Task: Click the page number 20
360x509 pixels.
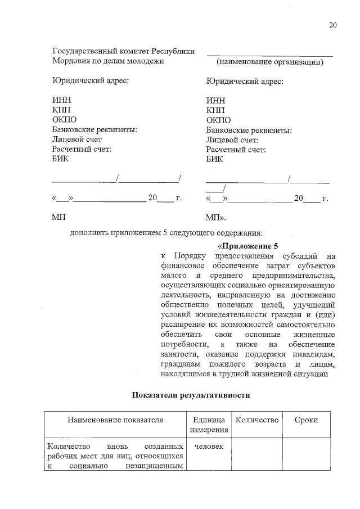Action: click(332, 25)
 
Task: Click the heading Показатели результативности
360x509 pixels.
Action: click(190, 395)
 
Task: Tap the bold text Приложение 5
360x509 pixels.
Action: click(248, 246)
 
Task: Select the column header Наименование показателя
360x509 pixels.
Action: click(115, 420)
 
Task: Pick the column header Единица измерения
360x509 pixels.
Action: click(209, 425)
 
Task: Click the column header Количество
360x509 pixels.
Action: click(256, 420)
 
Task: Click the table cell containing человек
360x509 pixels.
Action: click(209, 446)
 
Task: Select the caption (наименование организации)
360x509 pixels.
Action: click(270, 62)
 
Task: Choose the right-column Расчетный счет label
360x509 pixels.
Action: click(236, 150)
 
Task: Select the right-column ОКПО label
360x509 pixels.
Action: click(218, 120)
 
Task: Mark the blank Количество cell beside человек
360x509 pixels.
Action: click(256, 456)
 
